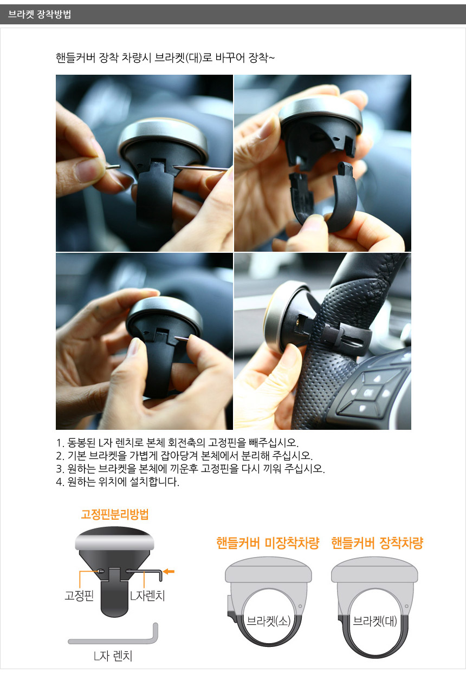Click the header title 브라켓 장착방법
(x=39, y=14)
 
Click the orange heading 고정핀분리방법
(x=115, y=514)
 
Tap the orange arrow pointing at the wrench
(x=169, y=571)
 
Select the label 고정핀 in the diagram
(x=79, y=596)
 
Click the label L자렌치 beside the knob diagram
(x=147, y=596)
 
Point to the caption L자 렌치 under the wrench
(x=113, y=656)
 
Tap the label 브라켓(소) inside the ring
(x=269, y=621)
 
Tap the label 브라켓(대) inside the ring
(x=375, y=621)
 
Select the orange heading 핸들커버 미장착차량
(x=268, y=543)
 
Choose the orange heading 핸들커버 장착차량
(x=378, y=543)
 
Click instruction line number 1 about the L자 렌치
(x=177, y=443)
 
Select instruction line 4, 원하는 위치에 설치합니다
(x=118, y=482)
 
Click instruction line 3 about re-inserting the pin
(x=190, y=468)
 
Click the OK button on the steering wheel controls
(x=368, y=393)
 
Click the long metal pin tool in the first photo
(x=200, y=168)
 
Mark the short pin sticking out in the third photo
(x=182, y=338)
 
